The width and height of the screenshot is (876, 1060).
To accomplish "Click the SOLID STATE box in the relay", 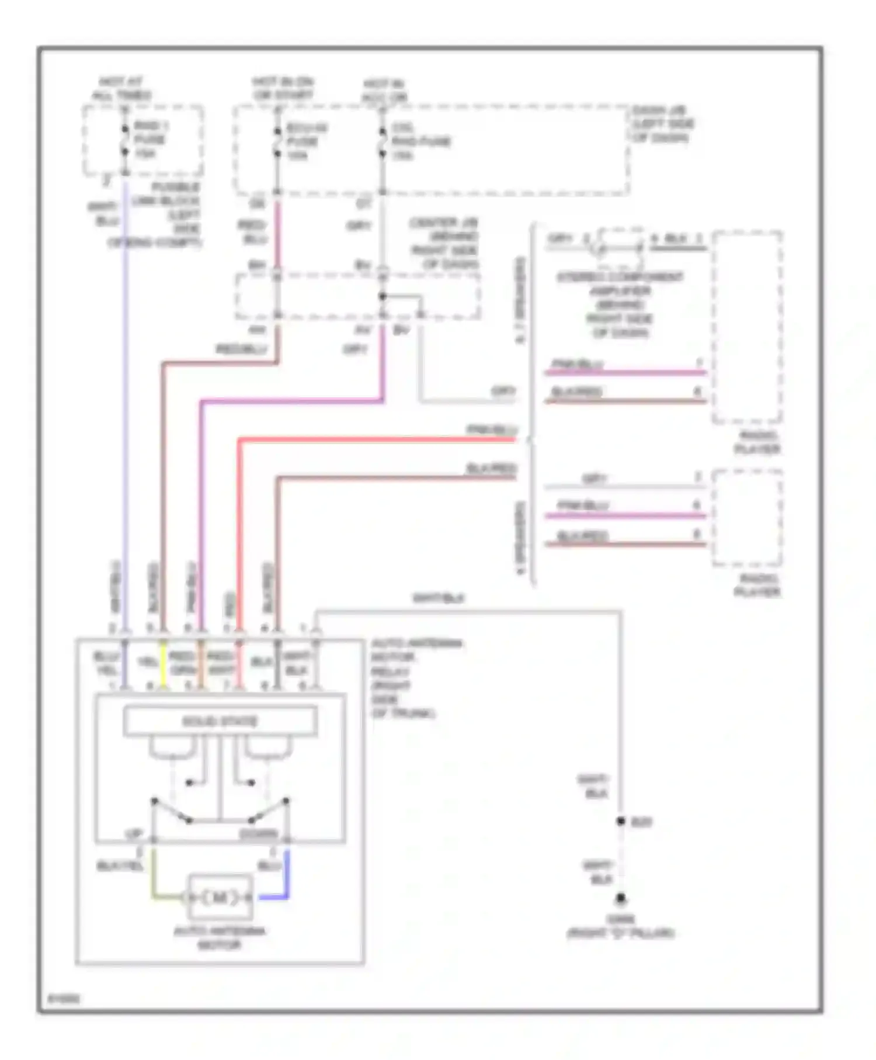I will tap(220, 721).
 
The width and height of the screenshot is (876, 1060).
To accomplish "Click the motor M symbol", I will tap(220, 898).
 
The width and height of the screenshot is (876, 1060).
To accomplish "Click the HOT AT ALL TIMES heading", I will tap(121, 88).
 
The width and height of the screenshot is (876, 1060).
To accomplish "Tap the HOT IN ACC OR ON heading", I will tap(384, 91).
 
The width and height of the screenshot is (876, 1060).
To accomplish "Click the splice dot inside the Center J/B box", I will tap(383, 296).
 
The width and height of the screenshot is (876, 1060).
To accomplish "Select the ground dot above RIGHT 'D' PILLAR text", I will tap(621, 898).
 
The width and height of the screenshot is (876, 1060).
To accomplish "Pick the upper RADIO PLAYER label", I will tap(757, 442).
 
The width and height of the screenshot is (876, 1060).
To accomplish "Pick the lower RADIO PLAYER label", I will tap(757, 585).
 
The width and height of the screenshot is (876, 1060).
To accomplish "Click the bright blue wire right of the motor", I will tap(286, 877).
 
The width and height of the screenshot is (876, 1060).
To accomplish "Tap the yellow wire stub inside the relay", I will tap(164, 664).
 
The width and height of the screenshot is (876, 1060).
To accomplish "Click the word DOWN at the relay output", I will tap(258, 834).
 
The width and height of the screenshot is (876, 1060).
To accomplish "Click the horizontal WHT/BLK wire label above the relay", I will tap(438, 598).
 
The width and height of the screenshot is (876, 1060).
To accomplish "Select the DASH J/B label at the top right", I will tap(662, 124).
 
